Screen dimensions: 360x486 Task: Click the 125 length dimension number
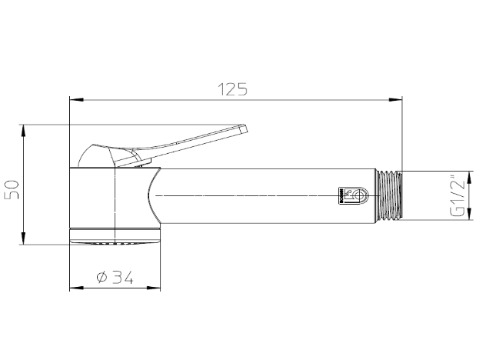(232, 89)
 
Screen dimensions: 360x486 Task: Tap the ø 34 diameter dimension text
(115, 278)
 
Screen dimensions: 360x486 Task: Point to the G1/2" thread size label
(458, 197)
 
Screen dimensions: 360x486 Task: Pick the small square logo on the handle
(346, 196)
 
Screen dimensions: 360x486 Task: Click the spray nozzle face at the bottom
(115, 242)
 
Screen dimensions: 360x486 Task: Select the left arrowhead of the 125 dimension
(74, 98)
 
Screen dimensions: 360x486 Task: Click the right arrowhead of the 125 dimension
(398, 98)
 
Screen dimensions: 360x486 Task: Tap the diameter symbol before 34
(102, 278)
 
